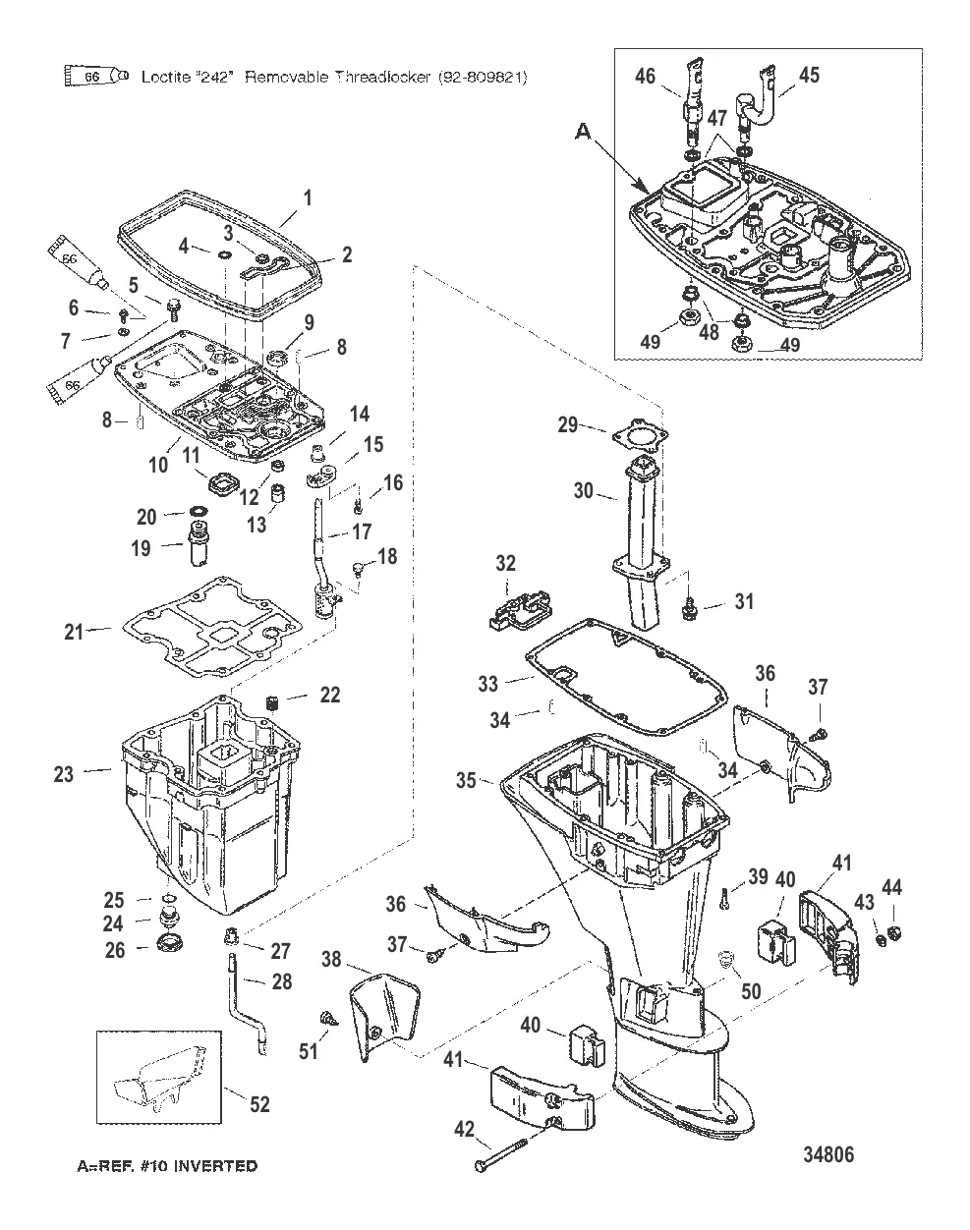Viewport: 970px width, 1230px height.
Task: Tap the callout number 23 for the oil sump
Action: point(63,774)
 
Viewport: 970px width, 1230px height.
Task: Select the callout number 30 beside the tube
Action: point(584,490)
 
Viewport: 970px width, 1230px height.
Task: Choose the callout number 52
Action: point(258,1104)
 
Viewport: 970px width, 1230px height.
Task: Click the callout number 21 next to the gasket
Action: point(75,632)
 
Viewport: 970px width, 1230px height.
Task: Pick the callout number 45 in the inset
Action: point(808,75)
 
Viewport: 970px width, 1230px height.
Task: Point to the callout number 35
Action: point(466,780)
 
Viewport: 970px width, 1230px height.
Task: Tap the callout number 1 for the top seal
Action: point(307,197)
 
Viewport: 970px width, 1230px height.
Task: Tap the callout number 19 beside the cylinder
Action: point(142,547)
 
